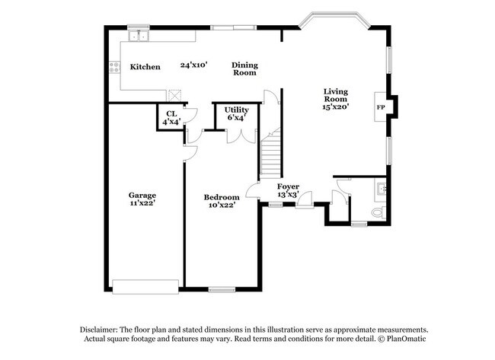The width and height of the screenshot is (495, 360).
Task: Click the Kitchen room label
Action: tap(145, 67)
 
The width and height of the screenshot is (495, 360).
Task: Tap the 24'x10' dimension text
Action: tap(194, 65)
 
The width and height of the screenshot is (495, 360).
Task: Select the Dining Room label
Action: tap(244, 68)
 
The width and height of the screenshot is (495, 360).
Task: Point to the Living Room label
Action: tap(335, 94)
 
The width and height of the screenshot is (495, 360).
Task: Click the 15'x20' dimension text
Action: tap(335, 107)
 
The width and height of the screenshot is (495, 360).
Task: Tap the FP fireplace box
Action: tap(380, 107)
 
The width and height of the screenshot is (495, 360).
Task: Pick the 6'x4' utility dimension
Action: tap(236, 118)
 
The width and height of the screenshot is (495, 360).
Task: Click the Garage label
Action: tap(142, 195)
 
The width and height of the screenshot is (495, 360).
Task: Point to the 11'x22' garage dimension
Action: tap(142, 204)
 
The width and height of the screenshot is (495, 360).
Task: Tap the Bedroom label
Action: tap(222, 197)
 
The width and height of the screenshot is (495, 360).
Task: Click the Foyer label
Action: tap(288, 186)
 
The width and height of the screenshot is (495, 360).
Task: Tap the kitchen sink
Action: tap(139, 35)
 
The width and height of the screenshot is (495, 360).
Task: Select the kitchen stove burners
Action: tap(115, 67)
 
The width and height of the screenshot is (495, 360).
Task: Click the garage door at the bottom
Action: tap(145, 285)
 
